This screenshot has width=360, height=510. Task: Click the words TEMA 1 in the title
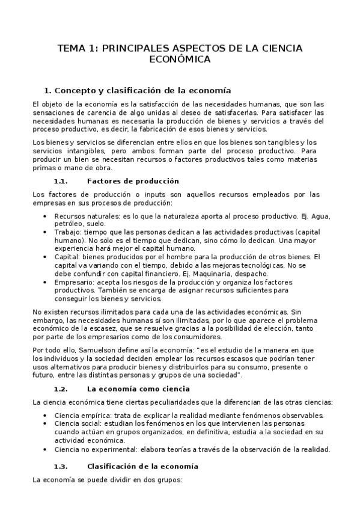pos(76,48)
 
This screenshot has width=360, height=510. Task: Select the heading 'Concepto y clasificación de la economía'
pos(142,91)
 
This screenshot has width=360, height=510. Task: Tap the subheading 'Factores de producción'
pos(133,181)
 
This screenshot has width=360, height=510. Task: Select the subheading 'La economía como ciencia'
pos(138,389)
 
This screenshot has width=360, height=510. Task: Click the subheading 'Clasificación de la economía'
pos(142,466)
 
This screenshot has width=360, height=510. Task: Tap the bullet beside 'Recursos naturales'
pos(47,216)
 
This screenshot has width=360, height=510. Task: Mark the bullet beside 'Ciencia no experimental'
pos(47,449)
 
